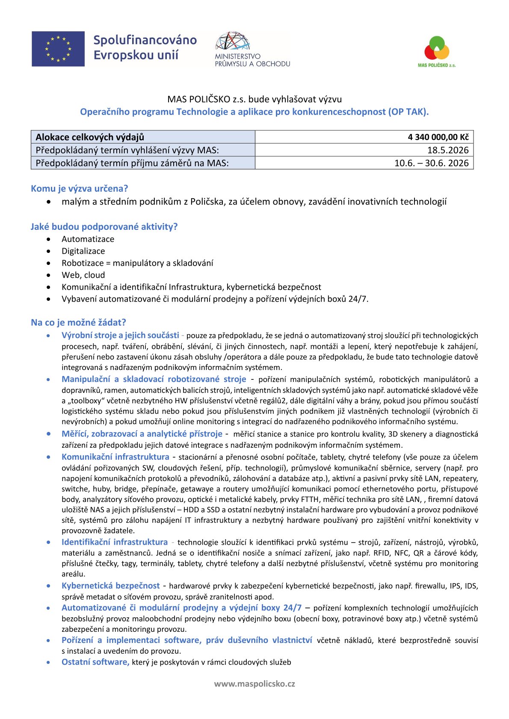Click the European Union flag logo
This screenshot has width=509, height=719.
58,49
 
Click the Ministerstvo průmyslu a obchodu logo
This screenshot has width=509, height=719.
252,49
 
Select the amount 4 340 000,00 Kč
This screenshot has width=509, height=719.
438,137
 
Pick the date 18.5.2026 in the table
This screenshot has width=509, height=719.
448,150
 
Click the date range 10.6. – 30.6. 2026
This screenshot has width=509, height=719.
431,163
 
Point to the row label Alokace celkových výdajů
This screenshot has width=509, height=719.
90,137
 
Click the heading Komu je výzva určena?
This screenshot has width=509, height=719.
79,188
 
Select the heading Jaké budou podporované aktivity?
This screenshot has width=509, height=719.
104,226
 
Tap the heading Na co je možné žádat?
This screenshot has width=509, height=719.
78,322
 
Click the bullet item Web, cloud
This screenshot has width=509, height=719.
83,275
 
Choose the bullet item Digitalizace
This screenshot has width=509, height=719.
83,251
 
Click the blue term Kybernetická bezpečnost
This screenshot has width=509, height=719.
110,586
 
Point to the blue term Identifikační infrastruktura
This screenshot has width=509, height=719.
115,542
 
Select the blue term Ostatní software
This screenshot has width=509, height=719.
95,662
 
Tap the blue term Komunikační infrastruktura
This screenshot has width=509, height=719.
115,457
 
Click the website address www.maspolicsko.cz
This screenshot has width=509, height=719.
254,684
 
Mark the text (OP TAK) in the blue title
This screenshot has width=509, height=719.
408,112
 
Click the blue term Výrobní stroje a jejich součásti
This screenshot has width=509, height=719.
120,335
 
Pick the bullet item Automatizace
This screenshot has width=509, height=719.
88,239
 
